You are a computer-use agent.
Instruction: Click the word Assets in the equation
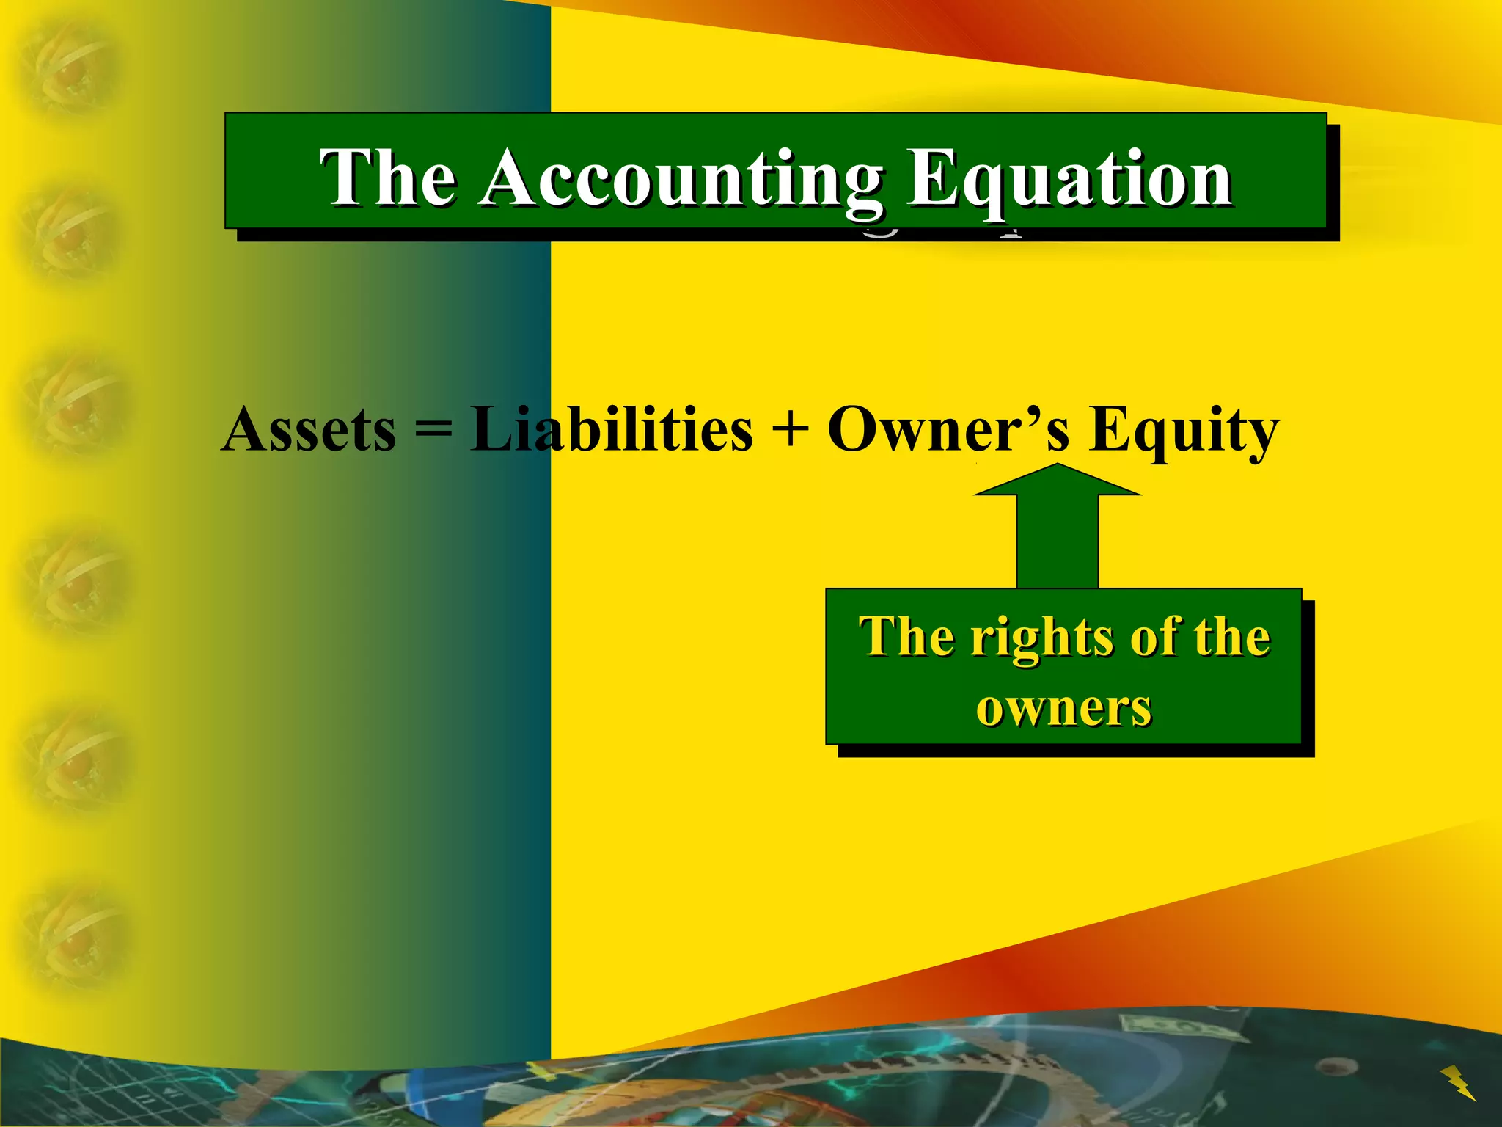point(309,429)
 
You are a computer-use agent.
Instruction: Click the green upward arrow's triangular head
point(1057,481)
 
